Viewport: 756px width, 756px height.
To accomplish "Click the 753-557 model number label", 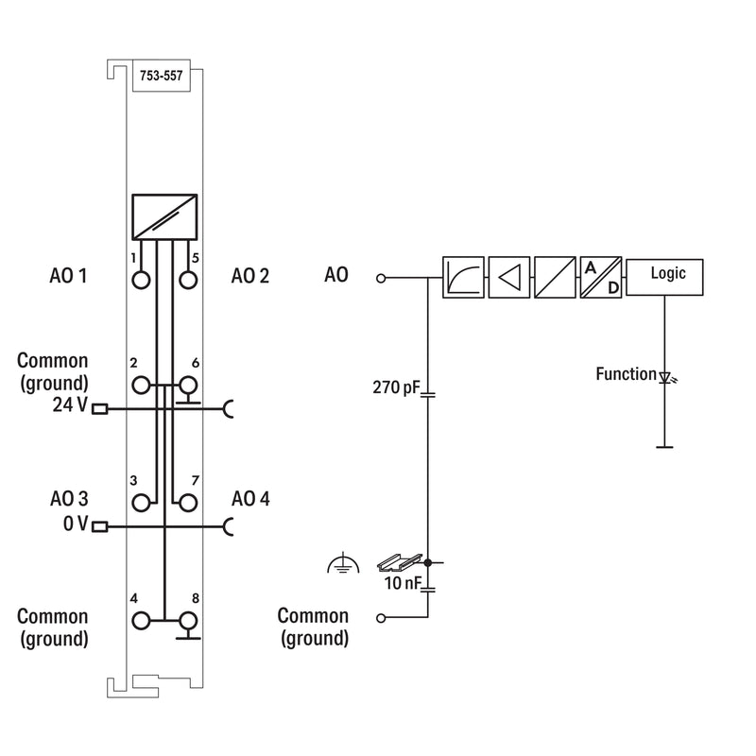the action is (161, 76).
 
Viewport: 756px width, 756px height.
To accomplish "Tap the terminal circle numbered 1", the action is (141, 280).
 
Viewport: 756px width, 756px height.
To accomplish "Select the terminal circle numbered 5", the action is (188, 280).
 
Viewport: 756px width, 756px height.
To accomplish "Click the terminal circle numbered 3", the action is (141, 503).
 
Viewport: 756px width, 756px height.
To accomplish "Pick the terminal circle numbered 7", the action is (188, 503).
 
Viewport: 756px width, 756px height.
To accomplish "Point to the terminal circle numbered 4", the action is (141, 621).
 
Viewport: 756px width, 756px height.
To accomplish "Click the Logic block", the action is (664, 277).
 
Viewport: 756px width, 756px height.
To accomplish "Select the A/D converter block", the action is (601, 277).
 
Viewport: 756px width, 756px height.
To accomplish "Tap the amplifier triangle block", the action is (509, 277).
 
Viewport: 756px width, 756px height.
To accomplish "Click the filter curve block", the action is (463, 277).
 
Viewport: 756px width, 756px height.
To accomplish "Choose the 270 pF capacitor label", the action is (396, 387).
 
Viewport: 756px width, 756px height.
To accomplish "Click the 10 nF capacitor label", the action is (403, 583).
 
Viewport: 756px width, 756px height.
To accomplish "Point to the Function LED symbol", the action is (667, 377).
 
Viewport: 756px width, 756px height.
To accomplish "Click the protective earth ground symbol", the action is (343, 563).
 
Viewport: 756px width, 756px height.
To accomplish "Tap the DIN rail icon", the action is (399, 562).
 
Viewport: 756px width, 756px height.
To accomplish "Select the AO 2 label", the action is (250, 276).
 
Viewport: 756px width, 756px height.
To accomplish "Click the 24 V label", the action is (70, 405).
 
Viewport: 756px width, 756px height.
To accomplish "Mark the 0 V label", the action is (76, 524).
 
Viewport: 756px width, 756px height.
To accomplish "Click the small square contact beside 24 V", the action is (100, 409).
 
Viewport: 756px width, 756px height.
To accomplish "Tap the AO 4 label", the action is (250, 499).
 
